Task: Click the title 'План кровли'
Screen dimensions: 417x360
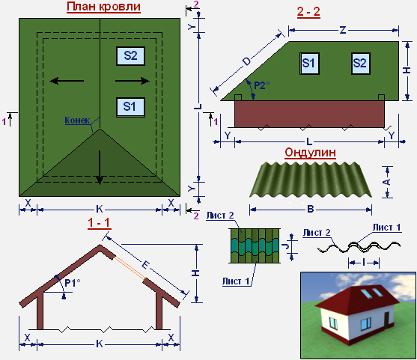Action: (103, 7)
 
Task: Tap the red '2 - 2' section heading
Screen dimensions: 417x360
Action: (308, 12)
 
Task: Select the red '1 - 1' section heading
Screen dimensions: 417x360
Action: (99, 223)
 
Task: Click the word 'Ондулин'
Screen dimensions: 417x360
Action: (311, 153)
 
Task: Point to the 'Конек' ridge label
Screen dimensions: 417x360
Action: (77, 120)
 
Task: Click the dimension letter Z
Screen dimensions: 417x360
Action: (343, 30)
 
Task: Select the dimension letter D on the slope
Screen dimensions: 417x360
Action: (247, 61)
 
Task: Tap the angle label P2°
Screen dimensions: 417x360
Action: (262, 85)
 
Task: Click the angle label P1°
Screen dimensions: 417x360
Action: (73, 283)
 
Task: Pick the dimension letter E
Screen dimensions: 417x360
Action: (145, 265)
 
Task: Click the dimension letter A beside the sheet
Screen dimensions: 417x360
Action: (388, 182)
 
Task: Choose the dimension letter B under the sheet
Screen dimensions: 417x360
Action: (311, 210)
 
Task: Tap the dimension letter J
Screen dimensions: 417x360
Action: (287, 246)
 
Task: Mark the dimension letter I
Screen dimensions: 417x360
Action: (364, 263)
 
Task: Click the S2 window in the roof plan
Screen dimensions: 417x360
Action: (130, 56)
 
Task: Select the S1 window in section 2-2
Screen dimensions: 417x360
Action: (309, 64)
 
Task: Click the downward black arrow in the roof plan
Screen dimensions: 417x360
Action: (100, 168)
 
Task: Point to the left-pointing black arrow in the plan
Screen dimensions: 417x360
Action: (67, 81)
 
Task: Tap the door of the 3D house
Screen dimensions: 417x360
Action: (387, 320)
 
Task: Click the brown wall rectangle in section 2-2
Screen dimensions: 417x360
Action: (309, 114)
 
